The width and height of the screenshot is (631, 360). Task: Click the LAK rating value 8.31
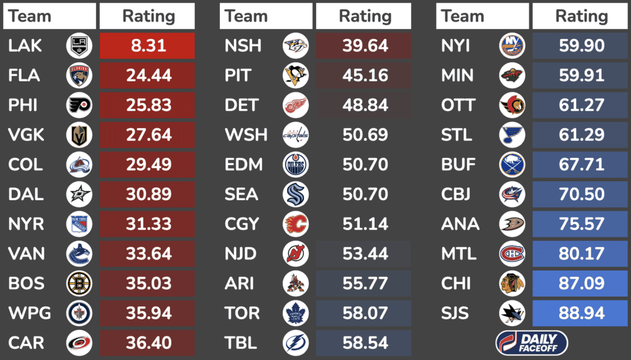pyautogui.click(x=147, y=46)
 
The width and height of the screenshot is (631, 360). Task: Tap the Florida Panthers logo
pyautogui.click(x=79, y=76)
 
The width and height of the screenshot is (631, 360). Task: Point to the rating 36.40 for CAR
pyautogui.click(x=147, y=343)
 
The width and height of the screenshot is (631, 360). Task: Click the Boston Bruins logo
pyautogui.click(x=79, y=284)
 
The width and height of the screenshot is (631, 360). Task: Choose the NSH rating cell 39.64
pyautogui.click(x=364, y=46)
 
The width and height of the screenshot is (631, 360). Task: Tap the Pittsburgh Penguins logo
pyautogui.click(x=296, y=76)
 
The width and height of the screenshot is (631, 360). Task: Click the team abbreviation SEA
pyautogui.click(x=243, y=194)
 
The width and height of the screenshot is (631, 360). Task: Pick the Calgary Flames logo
pyautogui.click(x=296, y=224)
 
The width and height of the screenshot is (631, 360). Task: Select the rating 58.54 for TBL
pyautogui.click(x=364, y=343)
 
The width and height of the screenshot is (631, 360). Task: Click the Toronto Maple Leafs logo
pyautogui.click(x=296, y=313)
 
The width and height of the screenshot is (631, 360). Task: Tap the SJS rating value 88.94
pyautogui.click(x=580, y=313)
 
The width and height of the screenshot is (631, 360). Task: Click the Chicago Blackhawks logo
pyautogui.click(x=512, y=284)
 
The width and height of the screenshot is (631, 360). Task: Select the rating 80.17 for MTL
pyautogui.click(x=580, y=254)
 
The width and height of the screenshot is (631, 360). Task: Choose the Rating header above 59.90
pyautogui.click(x=580, y=16)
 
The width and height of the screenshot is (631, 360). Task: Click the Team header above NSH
pyautogui.click(x=246, y=16)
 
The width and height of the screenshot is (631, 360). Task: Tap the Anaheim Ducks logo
pyautogui.click(x=512, y=224)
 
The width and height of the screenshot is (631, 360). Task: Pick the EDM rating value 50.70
pyautogui.click(x=364, y=165)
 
